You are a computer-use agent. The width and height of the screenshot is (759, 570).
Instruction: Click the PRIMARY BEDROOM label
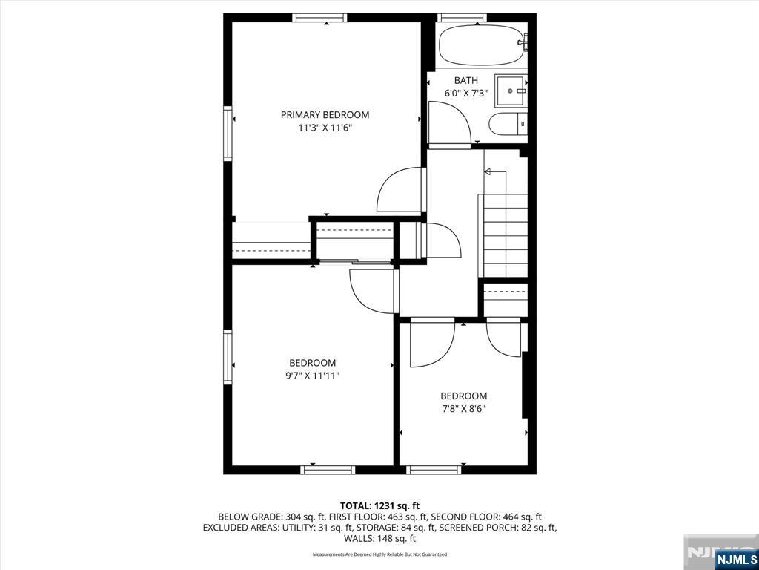325,115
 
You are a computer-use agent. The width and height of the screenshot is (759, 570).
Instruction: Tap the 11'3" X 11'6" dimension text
325,128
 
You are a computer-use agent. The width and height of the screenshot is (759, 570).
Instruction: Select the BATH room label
465,80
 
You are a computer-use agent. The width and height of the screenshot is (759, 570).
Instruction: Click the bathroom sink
511,91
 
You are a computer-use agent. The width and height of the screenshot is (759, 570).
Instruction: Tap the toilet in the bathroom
507,124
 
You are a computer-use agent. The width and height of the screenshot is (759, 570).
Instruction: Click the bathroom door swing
449,122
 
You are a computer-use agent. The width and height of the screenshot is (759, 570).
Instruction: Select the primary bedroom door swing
400,189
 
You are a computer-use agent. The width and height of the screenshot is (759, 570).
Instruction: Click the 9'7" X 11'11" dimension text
312,376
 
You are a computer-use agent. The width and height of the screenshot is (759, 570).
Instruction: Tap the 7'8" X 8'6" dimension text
463,409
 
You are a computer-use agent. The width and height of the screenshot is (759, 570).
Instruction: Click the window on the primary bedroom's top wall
320,18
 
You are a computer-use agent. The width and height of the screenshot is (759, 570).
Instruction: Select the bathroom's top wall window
462,18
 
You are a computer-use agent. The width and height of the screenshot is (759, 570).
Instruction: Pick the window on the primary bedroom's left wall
228,134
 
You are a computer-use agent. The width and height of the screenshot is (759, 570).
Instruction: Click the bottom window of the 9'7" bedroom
328,470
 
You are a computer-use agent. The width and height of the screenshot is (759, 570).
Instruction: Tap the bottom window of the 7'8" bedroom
434,470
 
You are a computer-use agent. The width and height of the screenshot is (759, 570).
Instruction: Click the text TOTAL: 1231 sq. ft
379,506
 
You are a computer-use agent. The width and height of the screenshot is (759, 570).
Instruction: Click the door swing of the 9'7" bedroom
373,291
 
